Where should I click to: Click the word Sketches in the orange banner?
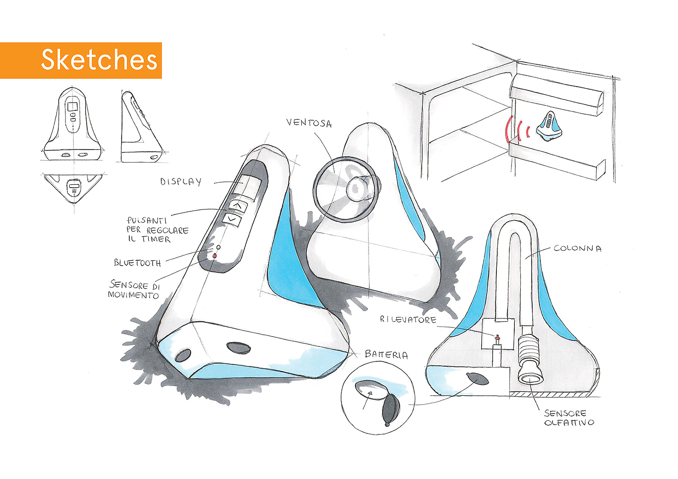tap(99, 60)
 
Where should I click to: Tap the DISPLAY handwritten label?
tap(181, 182)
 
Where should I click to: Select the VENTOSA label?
tap(309, 123)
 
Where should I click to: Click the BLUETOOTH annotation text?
tap(138, 262)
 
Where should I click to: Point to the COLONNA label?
tap(577, 249)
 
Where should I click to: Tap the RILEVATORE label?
tap(408, 320)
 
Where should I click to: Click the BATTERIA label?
tap(386, 354)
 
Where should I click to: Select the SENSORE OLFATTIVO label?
tap(569, 418)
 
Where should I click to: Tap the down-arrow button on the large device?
tap(232, 219)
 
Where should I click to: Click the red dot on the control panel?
tap(215, 256)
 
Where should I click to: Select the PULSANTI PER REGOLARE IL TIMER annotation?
tap(157, 230)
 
